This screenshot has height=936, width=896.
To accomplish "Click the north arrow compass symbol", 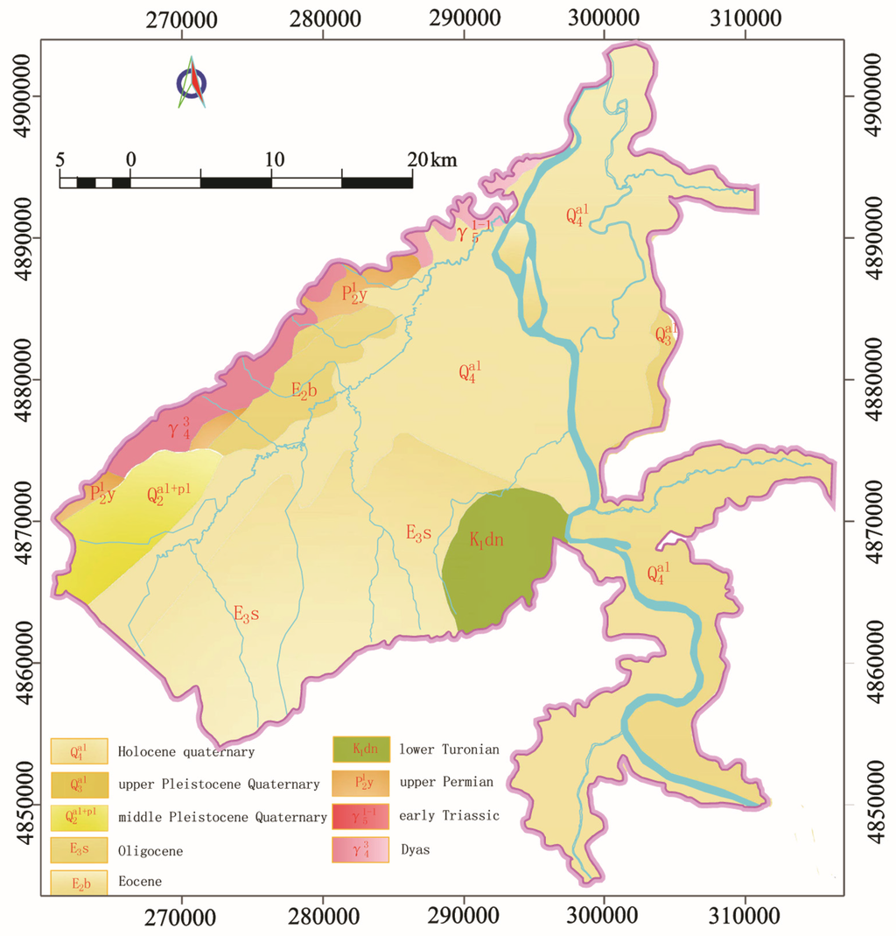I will [x=192, y=83].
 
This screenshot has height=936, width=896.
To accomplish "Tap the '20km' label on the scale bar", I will [x=431, y=159].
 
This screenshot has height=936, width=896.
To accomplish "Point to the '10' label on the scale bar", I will [x=274, y=159].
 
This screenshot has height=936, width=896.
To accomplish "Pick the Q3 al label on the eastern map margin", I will [x=666, y=334].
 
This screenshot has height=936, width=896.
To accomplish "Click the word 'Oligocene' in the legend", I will [x=149, y=849].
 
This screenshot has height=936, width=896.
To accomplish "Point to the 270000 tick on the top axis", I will [x=182, y=15].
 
